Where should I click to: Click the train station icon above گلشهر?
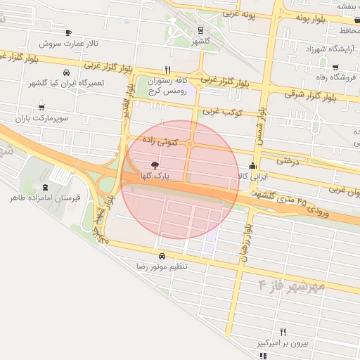[202, 30]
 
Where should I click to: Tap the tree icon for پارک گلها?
[155, 165]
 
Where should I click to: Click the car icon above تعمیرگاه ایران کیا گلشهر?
[66, 72]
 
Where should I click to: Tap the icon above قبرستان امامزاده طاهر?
[46, 187]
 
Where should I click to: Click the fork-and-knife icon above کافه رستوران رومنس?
[167, 70]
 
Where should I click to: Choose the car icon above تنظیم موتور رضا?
[162, 256]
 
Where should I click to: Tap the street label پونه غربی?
[239, 13]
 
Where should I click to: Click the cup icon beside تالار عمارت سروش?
[68, 32]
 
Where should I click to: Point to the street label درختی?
[287, 160]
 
